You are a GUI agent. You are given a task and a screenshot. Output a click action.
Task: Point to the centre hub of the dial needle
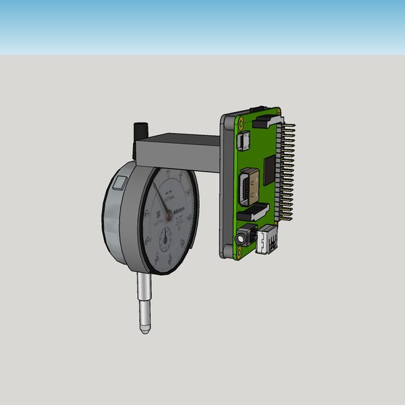click(169, 215)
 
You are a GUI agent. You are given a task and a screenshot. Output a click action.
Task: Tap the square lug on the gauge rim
click(120, 182)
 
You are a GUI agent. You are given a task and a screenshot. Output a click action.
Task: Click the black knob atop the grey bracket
click(142, 128)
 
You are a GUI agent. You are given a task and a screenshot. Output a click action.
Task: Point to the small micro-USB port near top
click(243, 139)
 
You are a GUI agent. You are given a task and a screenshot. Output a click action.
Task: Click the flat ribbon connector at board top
click(267, 122)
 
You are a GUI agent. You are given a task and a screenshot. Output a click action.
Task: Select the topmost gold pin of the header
click(292, 124)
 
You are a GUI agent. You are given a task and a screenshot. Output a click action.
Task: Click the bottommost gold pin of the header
click(288, 219)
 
